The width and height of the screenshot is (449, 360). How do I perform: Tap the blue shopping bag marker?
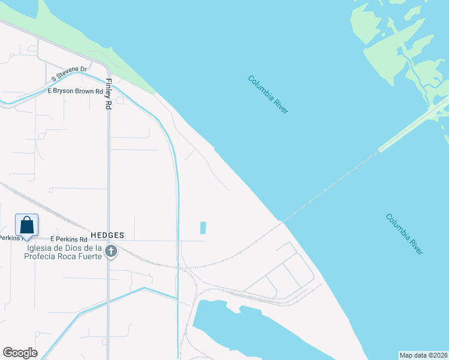(26, 225)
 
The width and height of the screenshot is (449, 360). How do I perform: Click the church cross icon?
(110, 252)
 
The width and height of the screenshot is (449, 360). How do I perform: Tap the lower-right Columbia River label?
(404, 233)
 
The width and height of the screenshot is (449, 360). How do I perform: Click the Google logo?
(20, 353)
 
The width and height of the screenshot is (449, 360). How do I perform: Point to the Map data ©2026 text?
(423, 355)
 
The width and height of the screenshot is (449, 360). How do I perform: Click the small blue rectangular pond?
(203, 228)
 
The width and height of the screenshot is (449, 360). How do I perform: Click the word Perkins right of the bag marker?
(67, 239)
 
